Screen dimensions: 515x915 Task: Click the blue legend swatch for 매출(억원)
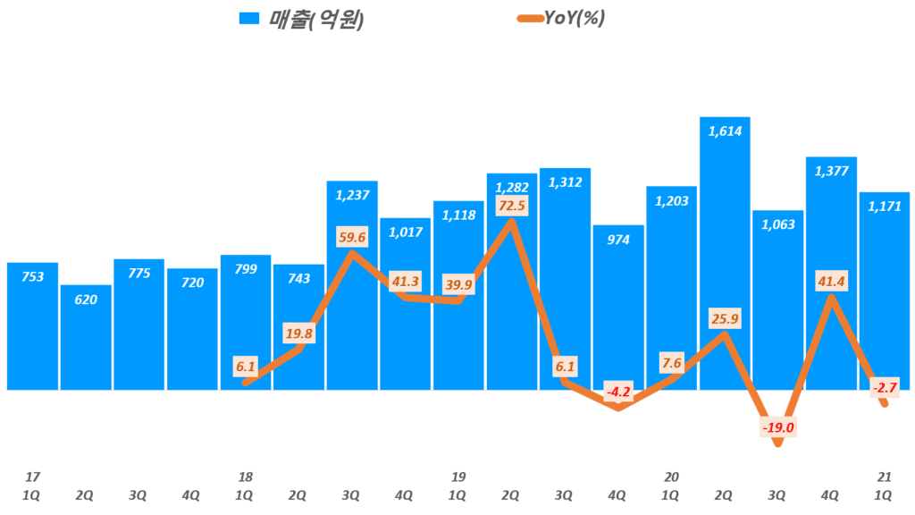(x=250, y=19)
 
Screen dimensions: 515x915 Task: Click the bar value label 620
(x=87, y=300)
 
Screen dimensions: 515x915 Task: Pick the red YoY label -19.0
(x=777, y=427)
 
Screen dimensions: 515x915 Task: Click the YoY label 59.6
(x=351, y=238)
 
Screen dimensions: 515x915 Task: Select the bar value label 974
(x=618, y=240)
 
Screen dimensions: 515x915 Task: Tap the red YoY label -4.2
(x=618, y=392)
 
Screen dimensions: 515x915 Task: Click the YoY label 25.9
(x=725, y=318)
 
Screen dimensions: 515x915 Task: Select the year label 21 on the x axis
(x=884, y=477)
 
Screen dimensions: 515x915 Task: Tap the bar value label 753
(x=33, y=277)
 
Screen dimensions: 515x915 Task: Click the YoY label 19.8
(x=298, y=334)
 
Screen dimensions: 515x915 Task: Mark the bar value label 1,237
(x=351, y=196)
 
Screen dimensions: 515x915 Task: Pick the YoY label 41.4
(x=831, y=283)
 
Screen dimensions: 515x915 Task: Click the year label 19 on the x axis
(x=458, y=477)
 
